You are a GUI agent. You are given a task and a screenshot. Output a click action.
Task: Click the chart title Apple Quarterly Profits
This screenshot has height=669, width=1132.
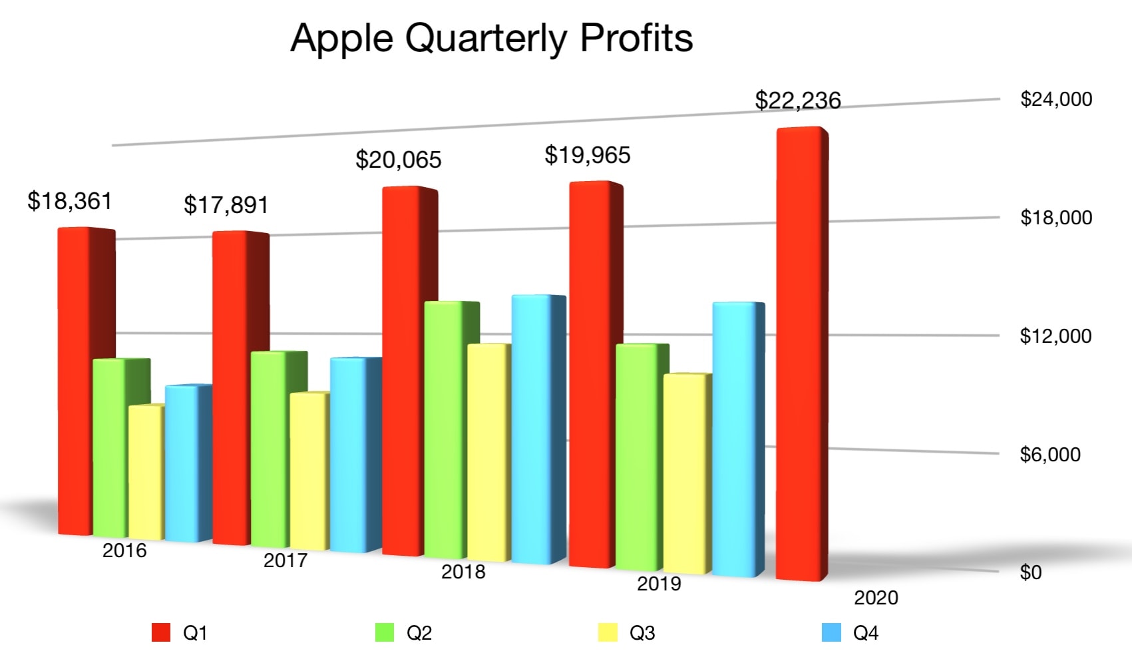coord(492,38)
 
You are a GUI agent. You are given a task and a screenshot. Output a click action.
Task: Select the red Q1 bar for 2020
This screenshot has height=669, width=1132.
coord(800,353)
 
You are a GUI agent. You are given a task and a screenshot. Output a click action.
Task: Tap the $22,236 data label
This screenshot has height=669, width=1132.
coord(797,101)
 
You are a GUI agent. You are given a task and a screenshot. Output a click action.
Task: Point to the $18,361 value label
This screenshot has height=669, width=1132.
coord(69,200)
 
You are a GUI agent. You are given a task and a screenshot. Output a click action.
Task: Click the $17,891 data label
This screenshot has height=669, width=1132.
coord(226,204)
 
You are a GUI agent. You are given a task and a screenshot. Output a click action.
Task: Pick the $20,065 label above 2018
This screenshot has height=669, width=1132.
coord(398,160)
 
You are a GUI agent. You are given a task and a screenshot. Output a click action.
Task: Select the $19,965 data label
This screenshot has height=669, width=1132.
coord(587,155)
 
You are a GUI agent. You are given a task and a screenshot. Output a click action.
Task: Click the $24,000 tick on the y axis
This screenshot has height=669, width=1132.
coord(1055,99)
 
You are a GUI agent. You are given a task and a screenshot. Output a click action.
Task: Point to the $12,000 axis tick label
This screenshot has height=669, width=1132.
coord(1055,335)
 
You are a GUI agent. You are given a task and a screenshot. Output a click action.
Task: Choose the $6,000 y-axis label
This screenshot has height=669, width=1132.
coord(1050,455)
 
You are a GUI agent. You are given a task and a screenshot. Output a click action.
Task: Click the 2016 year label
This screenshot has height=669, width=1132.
coord(124,551)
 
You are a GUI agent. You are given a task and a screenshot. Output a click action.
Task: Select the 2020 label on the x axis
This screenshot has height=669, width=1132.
coord(876,598)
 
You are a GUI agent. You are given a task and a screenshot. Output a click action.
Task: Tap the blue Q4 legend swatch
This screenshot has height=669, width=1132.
coord(831,632)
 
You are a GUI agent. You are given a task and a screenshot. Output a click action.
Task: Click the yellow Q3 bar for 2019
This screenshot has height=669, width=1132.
coord(685,473)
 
